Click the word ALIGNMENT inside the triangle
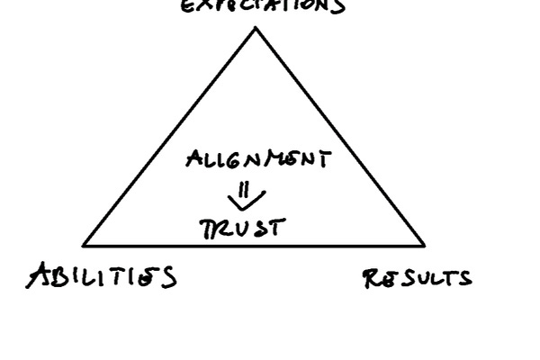pos(258,160)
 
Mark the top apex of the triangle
pos(256,28)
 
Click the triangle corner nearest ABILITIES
pos(84,244)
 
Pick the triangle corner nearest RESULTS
pos(424,244)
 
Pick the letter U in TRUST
pos(243,229)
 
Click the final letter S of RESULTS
pos(463,278)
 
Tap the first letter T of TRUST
pos(206,229)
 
